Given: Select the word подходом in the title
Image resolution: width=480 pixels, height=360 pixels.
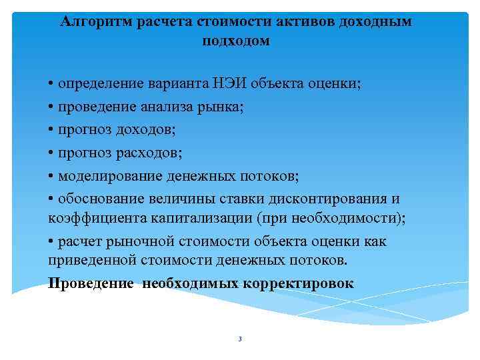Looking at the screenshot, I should point(236,41).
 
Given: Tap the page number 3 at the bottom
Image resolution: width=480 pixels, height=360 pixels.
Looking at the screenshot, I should point(239,339).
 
